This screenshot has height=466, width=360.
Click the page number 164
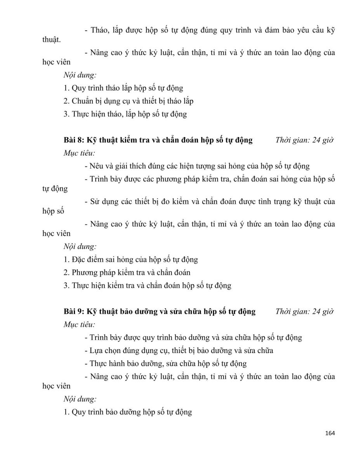pos(329,433)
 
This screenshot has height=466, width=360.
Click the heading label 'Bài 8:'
pos(74,140)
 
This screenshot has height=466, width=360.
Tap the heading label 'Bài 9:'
pos(74,311)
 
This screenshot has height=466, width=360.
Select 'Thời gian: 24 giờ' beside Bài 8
pos(305,140)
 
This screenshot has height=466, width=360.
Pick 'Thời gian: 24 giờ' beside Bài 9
pos(305,311)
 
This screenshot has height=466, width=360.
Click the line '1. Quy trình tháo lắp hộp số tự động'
pos(123,88)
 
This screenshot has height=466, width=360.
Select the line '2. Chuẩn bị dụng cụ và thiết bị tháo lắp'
pos(129,101)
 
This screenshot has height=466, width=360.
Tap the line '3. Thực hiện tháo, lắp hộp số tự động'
pos(125,114)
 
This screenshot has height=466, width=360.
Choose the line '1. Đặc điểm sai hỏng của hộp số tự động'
pos(131,259)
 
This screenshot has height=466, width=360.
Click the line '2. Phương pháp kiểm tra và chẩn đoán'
pos(127,273)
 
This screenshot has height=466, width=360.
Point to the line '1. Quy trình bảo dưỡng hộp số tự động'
pos(128,412)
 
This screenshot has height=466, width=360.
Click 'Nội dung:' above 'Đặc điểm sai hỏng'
pos(80,246)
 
